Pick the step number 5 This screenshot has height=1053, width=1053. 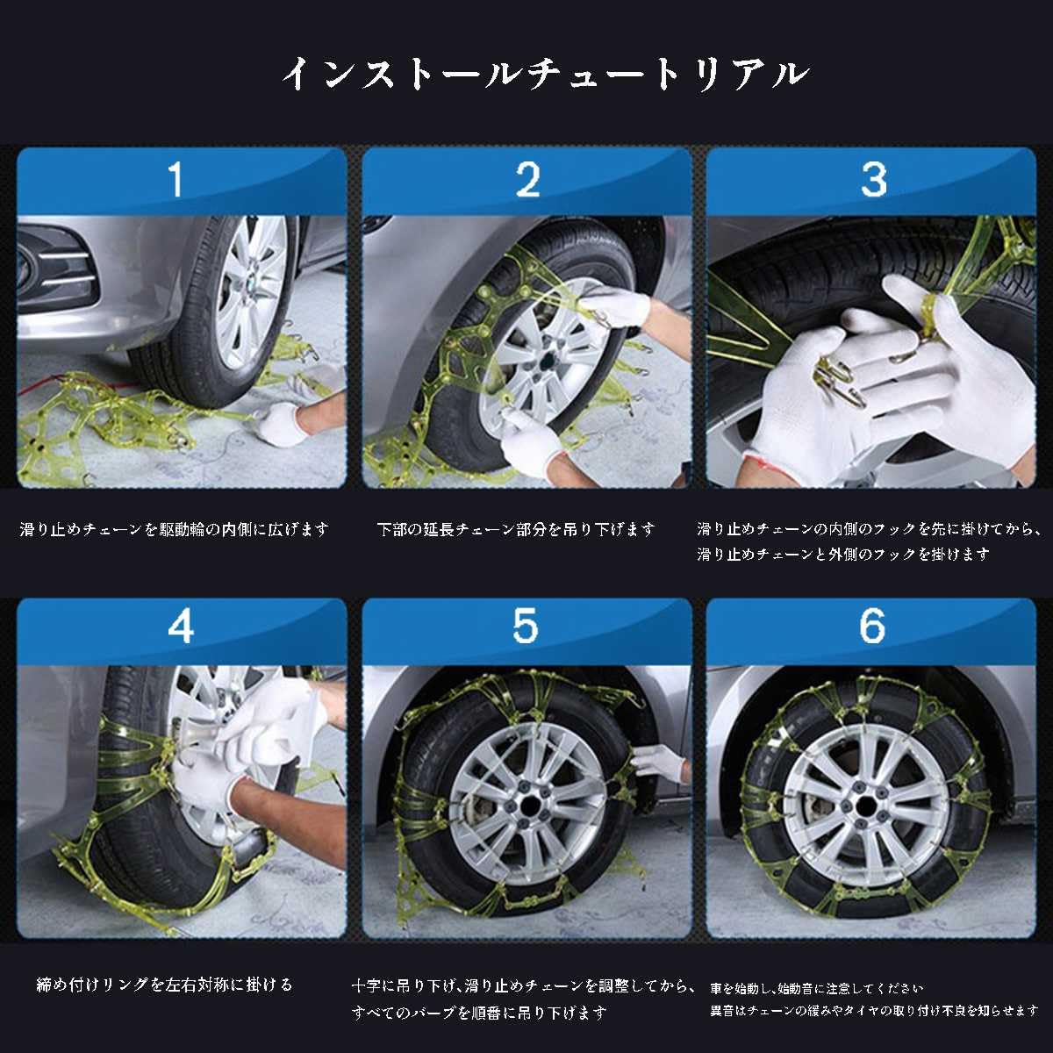click(526, 626)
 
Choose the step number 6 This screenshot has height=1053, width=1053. click(872, 626)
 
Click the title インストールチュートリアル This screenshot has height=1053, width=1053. click(545, 74)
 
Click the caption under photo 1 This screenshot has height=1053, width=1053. click(175, 529)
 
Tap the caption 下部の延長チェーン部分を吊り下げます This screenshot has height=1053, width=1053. click(516, 529)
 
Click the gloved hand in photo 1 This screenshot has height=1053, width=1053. click(283, 424)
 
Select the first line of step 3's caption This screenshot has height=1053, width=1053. click(870, 529)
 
